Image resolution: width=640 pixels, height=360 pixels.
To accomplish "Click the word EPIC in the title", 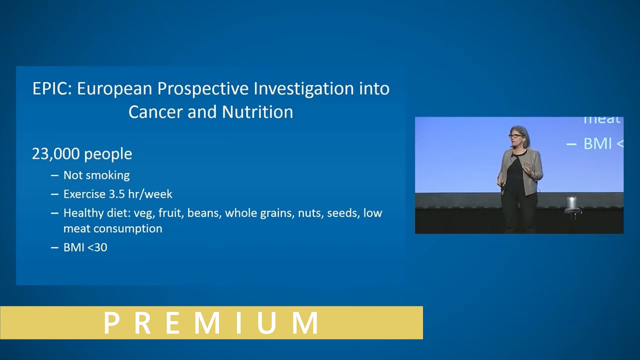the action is pos(52,89).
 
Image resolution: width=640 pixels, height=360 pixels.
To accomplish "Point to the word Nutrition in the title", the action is pos(257,112).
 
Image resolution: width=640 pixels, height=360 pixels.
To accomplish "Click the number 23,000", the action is pos(56,154).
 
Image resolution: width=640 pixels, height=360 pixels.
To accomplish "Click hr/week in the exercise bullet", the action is pos(150,194).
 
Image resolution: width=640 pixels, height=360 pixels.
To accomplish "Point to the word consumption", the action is pos(128,229).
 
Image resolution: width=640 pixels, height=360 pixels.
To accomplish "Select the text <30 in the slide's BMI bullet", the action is pos(97,248).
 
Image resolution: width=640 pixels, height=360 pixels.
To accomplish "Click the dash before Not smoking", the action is pos(55,175).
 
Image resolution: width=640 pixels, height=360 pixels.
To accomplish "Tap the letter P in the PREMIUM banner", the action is pos(112,323).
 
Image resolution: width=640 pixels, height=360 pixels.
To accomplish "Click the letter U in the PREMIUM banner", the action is pos(266,323).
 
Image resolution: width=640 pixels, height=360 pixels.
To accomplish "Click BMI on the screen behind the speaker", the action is pos(598,144).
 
